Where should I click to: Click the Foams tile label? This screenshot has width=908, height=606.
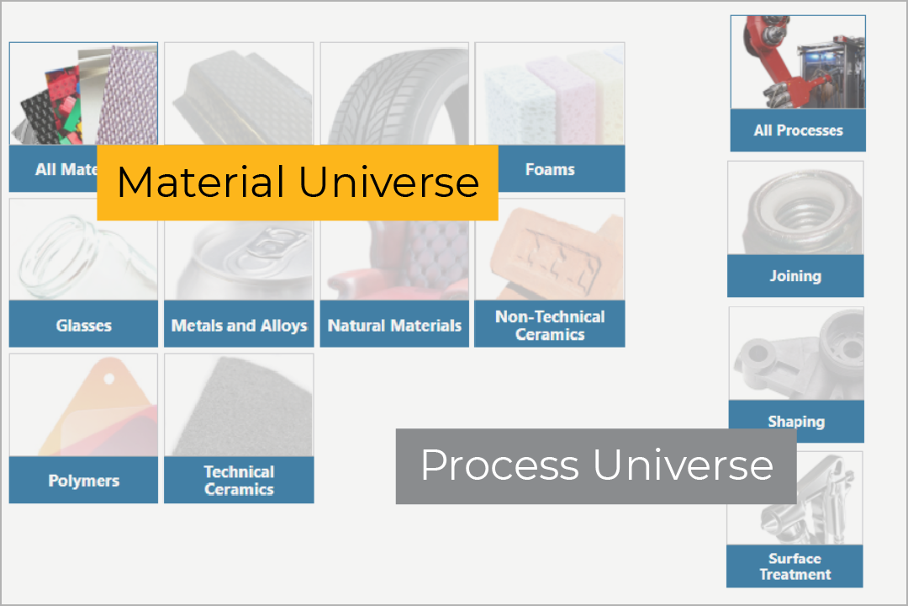pos(550,169)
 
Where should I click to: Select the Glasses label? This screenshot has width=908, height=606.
pos(83,325)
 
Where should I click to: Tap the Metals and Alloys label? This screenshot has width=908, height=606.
pos(239,325)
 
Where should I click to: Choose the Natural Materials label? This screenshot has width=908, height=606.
pos(394,325)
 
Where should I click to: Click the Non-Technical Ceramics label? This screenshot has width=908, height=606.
pos(550,325)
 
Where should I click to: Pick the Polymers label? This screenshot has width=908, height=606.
pos(83,481)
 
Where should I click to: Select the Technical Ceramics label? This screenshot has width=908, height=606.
pos(239,481)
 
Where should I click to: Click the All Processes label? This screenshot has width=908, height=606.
pos(798,130)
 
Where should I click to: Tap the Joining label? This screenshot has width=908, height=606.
pos(795,276)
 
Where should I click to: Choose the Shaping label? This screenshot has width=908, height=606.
pos(796,421)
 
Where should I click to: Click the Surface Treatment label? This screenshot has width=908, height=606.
pos(794,566)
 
